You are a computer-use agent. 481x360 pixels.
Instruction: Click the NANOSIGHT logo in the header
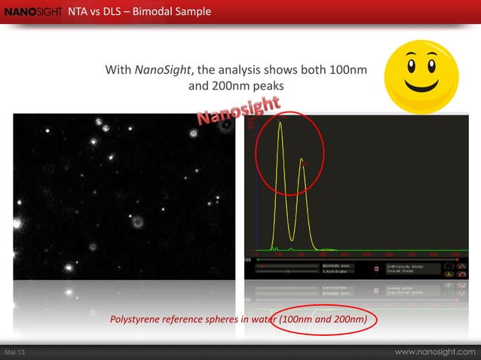coord(32,11)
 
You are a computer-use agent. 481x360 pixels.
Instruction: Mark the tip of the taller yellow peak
coord(280,123)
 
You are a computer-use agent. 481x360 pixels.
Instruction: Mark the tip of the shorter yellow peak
coord(302,160)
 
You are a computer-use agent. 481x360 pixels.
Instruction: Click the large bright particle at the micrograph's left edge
coord(70,267)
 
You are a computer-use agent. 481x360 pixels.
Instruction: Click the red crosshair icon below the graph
coord(377,269)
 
